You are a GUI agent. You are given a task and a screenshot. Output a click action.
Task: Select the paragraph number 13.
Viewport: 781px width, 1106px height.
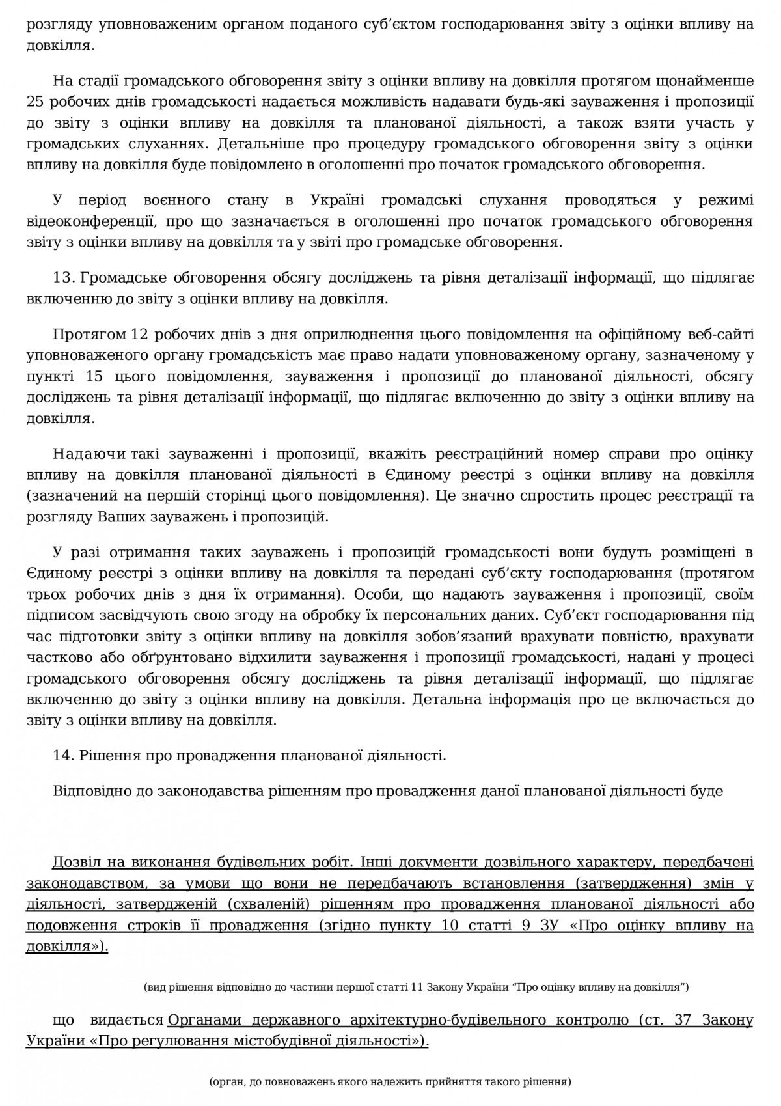[64, 278]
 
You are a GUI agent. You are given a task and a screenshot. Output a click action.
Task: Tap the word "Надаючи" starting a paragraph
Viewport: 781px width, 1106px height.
[90, 454]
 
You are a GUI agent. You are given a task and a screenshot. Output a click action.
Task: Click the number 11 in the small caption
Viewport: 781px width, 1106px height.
[417, 988]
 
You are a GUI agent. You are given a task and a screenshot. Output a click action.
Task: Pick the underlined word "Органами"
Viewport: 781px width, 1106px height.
[207, 1019]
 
